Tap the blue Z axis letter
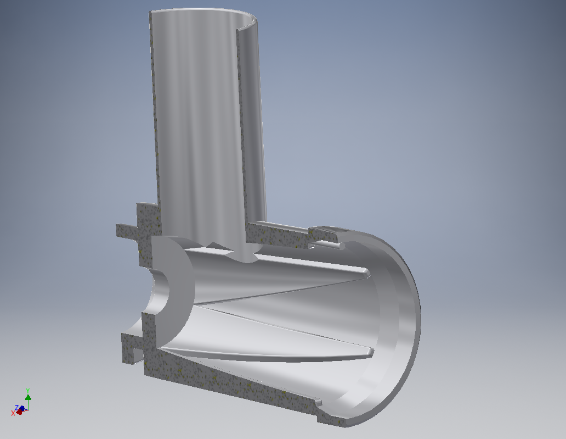(16, 408)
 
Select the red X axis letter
(13, 413)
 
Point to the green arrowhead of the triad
(28, 397)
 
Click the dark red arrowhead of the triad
(19, 412)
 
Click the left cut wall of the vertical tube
(154, 110)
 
